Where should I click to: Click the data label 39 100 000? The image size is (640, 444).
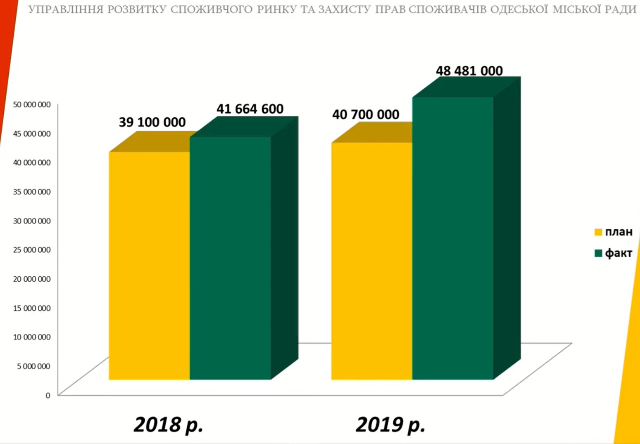[x=152, y=122]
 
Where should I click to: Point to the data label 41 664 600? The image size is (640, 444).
[x=250, y=109]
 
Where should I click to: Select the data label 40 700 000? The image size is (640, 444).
[x=366, y=114]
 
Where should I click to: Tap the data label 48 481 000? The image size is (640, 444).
[x=469, y=71]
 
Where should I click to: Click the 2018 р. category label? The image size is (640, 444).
[x=169, y=425]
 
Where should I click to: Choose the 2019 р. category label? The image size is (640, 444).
[x=390, y=425]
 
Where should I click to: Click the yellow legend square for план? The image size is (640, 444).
[x=598, y=232]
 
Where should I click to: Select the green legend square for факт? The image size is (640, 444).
[x=598, y=253]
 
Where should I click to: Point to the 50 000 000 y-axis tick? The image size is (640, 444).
[x=32, y=104]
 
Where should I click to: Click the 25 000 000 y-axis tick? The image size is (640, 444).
[x=32, y=250]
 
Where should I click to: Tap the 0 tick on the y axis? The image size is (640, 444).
[x=48, y=395]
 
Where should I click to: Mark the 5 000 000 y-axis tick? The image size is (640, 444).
[x=34, y=366]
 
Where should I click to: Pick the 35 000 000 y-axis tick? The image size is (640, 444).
[x=32, y=192]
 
